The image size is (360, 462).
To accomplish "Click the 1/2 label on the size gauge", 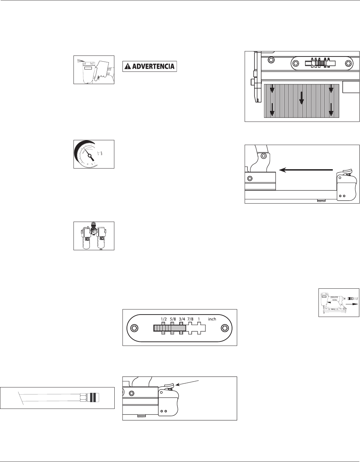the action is (x=163, y=319).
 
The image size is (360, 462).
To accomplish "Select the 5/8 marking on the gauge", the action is (x=173, y=319).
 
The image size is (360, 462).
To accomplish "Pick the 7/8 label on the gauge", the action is (x=190, y=319).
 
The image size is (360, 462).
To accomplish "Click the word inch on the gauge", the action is (x=212, y=319).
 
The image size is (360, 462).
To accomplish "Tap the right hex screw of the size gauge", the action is (x=224, y=328).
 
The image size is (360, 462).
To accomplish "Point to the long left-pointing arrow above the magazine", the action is (x=305, y=169).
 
